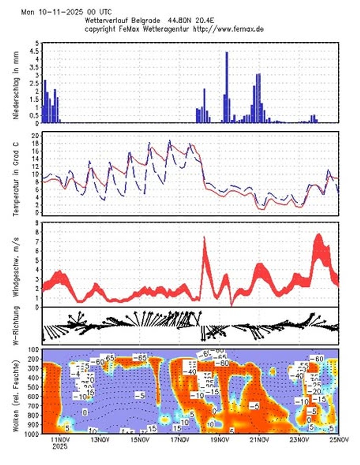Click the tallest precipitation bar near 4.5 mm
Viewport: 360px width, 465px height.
pos(227,87)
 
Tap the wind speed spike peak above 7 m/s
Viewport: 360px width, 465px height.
pos(204,239)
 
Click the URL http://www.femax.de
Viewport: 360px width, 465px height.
pos(229,29)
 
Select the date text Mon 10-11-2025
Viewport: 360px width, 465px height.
pos(48,12)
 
